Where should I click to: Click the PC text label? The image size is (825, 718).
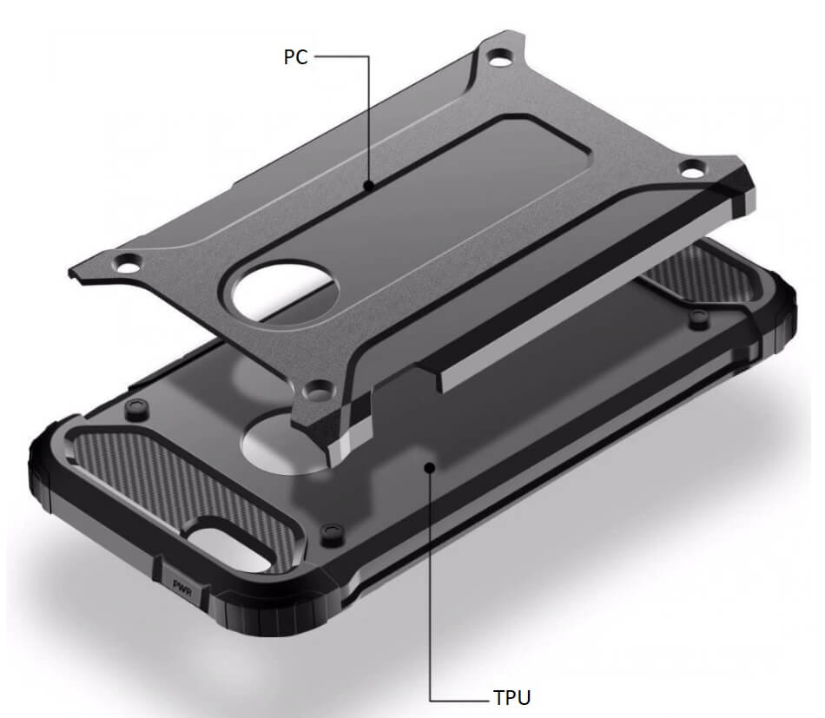(295, 56)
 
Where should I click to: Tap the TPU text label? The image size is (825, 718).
(512, 697)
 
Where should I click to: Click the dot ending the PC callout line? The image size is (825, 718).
(369, 185)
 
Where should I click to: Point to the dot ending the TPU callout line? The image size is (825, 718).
(431, 466)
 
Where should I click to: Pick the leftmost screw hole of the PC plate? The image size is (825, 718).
(129, 263)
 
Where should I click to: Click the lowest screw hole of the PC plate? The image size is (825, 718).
(319, 391)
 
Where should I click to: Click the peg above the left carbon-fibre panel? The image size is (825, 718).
(136, 407)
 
